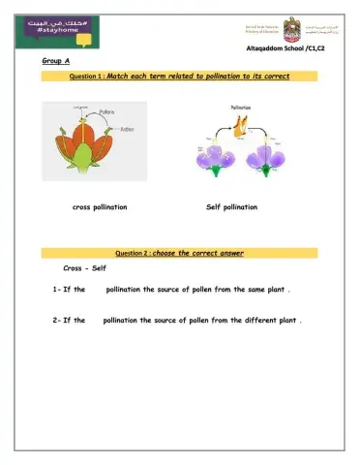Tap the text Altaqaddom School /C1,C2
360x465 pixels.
coord(290,47)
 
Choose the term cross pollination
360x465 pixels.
coord(101,207)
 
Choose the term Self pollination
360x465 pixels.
coord(232,207)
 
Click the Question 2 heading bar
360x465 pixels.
coord(180,253)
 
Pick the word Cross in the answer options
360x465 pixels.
coord(74,267)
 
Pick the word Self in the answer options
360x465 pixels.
coord(99,267)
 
